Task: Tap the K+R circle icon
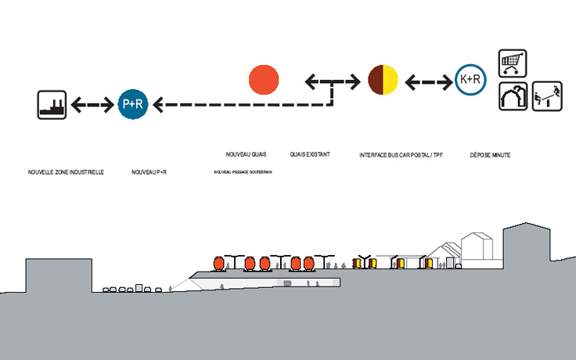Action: [468, 80]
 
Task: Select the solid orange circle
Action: [264, 79]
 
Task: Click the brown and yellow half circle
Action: [383, 80]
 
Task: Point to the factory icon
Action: [51, 104]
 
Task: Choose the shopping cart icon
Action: [513, 63]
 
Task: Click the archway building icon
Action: [513, 96]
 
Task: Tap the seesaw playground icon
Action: [547, 96]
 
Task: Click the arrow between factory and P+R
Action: [92, 103]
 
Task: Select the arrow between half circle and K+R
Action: [427, 80]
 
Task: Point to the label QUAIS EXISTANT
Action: [309, 155]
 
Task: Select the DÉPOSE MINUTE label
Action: [491, 156]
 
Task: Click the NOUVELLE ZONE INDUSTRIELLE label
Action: [66, 171]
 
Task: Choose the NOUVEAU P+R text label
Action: [149, 171]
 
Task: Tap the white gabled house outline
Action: [477, 246]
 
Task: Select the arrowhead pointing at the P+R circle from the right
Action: [158, 103]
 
